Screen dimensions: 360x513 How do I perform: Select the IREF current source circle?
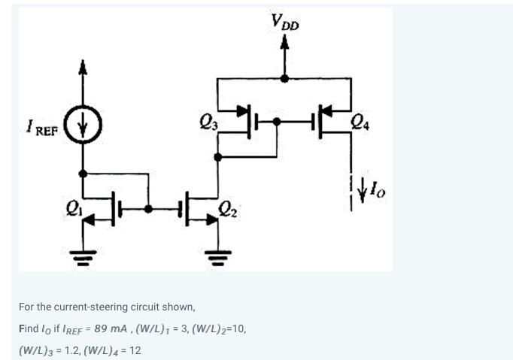coord(83,124)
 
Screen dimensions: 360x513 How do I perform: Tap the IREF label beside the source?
coord(41,124)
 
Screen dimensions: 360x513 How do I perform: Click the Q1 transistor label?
coord(72,203)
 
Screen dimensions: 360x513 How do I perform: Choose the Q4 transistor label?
coord(360,119)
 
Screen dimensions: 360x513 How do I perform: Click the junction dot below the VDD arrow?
coord(284,77)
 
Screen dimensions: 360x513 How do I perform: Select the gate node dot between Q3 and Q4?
coord(278,120)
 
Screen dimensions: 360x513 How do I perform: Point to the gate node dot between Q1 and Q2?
coord(149,208)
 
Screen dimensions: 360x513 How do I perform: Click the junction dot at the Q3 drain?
coord(218,157)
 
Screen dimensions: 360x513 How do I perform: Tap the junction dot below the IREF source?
coord(83,173)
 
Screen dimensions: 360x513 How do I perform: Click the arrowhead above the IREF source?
coord(83,69)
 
